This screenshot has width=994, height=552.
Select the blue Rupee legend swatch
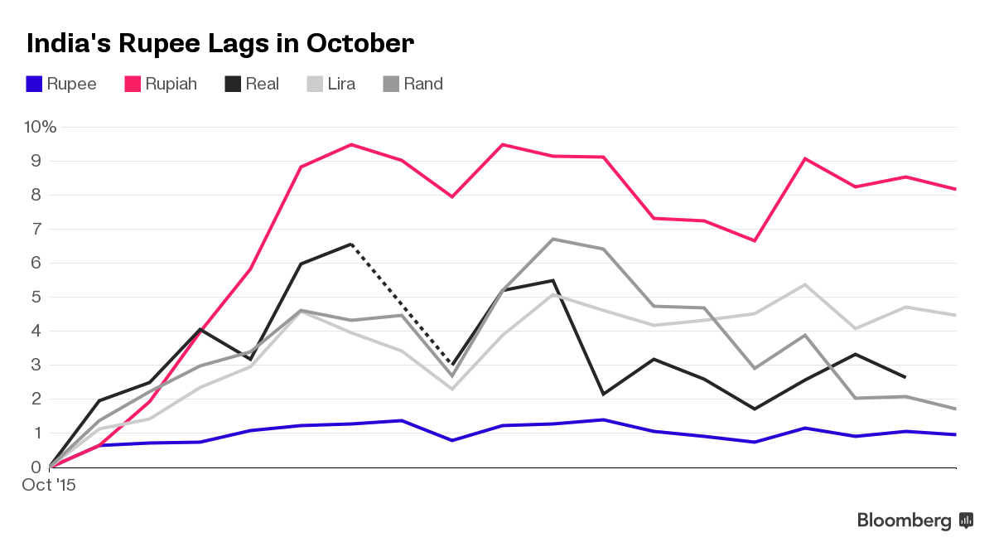pos(34,84)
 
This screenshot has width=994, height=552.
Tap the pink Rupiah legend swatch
pos(133,84)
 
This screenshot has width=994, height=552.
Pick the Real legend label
pos(262,84)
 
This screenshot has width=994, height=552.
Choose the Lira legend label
pos(340,84)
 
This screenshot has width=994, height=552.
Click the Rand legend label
pos(423,84)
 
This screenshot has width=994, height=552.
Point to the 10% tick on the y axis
pos(40,127)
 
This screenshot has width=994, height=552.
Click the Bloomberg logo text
pos(904,521)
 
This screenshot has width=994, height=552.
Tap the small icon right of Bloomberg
pos(965,521)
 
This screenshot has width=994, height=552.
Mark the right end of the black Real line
pos(905,377)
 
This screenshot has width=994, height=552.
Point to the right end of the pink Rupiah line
pos(956,189)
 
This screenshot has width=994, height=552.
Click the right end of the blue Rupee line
pos(956,434)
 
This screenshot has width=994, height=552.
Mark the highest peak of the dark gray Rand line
pos(552,240)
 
